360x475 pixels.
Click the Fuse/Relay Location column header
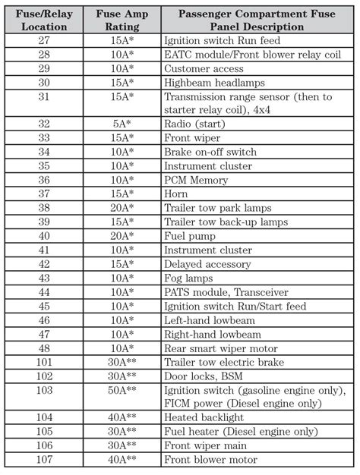coord(43,20)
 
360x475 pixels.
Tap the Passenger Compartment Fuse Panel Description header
coord(257,20)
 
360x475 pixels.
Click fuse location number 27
coord(43,41)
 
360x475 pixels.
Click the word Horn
coord(177,194)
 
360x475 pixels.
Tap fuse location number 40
coord(43,236)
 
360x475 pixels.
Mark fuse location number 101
coord(43,361)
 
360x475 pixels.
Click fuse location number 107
coord(43,459)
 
